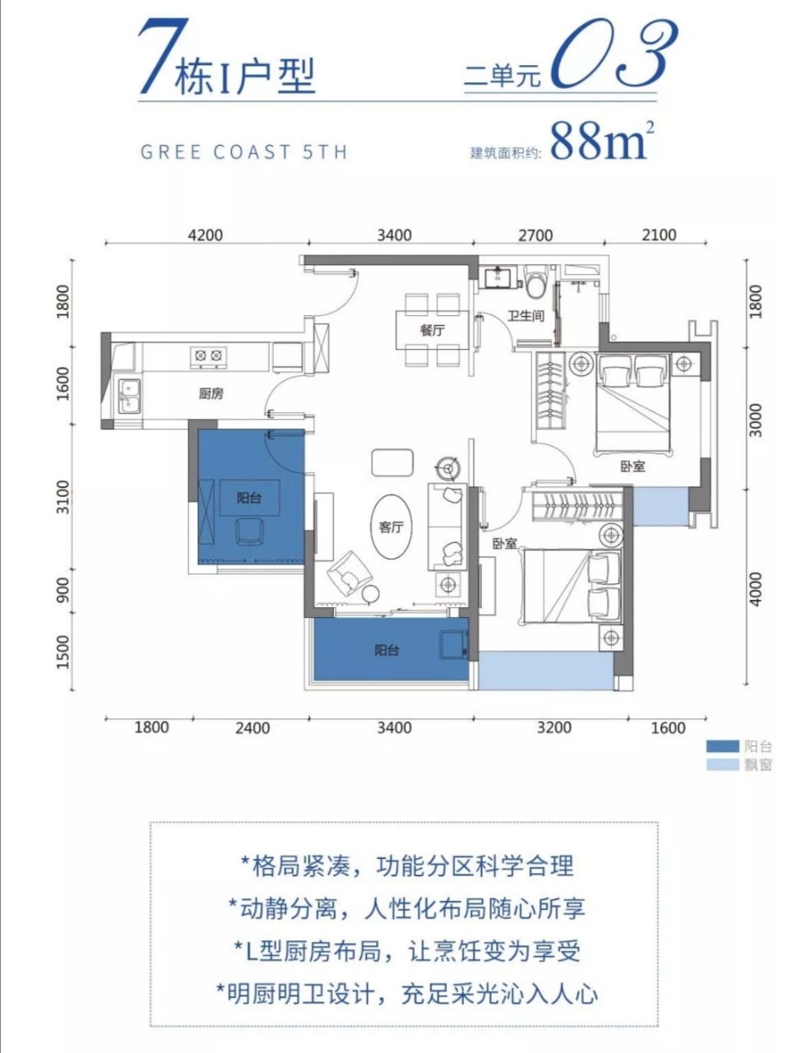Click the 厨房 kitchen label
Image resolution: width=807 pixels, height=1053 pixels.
(x=211, y=393)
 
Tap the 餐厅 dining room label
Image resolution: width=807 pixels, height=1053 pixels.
(x=432, y=331)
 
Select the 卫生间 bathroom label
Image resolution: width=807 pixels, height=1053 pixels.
(x=526, y=316)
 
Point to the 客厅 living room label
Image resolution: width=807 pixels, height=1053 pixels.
(x=391, y=526)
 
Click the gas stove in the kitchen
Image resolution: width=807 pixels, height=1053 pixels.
(x=208, y=355)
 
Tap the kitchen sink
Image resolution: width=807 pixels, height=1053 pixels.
(x=129, y=396)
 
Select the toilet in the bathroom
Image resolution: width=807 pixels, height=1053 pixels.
(x=536, y=281)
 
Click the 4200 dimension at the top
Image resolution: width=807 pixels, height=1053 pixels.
(x=206, y=235)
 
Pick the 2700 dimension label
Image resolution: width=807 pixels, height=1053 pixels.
(x=536, y=235)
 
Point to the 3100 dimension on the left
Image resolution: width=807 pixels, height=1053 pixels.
(x=63, y=497)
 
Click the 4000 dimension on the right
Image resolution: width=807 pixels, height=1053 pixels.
(x=755, y=589)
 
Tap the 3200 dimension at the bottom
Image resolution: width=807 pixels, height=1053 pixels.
(x=554, y=727)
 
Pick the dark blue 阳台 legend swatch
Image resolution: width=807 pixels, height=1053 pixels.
(x=722, y=746)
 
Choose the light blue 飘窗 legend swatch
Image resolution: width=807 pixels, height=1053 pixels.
(x=722, y=764)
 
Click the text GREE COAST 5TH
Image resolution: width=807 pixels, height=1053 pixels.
(x=244, y=152)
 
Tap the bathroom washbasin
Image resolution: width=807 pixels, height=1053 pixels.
(x=497, y=278)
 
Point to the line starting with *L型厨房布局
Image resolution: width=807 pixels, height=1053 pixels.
(x=407, y=951)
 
